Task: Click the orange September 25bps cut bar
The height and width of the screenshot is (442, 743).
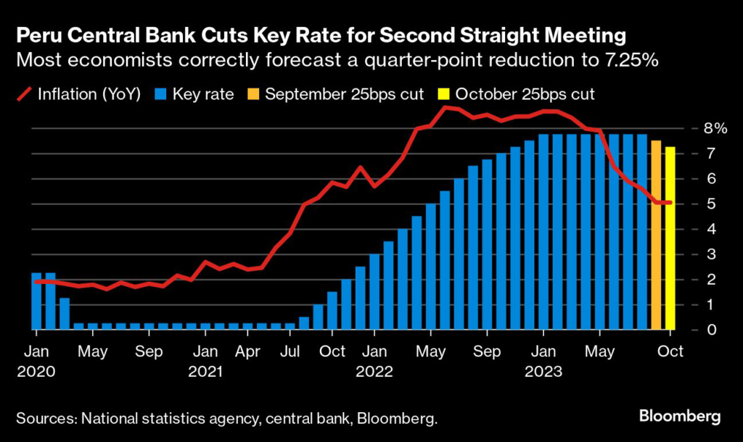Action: click(656, 235)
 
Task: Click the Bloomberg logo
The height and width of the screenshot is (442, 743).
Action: click(680, 416)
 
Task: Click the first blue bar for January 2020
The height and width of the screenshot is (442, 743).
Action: click(37, 301)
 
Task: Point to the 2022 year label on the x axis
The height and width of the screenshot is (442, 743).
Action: click(374, 372)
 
